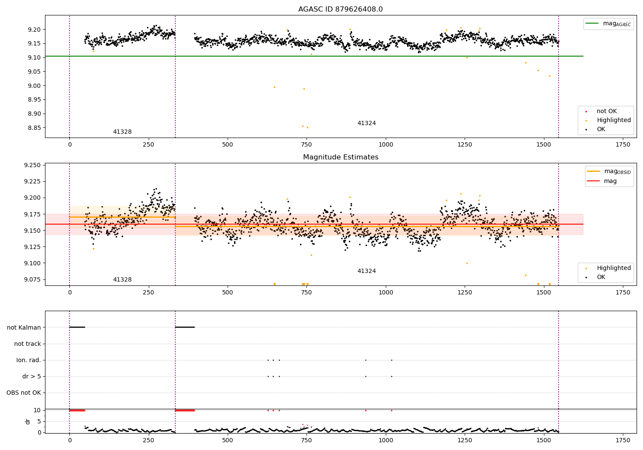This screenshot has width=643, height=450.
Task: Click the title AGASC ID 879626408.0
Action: [340, 9]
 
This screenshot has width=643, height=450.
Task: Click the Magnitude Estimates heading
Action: [341, 157]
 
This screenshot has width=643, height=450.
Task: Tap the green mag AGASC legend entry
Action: [609, 24]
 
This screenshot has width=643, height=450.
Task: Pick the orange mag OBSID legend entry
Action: [609, 171]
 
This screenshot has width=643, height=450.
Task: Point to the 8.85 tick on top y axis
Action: [34, 128]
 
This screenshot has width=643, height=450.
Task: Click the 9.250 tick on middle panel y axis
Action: [33, 165]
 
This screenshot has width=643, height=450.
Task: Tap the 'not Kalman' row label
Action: [24, 327]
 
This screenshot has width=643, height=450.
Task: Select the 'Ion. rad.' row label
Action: [28, 360]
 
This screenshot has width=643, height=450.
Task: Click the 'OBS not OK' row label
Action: [24, 393]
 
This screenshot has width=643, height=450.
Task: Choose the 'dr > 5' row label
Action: [32, 377]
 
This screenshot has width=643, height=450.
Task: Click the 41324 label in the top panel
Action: [367, 123]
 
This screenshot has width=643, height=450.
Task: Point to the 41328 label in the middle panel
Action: [122, 279]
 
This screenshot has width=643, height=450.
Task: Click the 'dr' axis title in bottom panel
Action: [27, 422]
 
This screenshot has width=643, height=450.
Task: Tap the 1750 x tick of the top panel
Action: [623, 145]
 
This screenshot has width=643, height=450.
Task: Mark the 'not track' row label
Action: [27, 344]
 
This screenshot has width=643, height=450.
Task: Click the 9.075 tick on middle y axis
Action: [33, 279]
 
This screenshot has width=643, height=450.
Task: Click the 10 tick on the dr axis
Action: [37, 411]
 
